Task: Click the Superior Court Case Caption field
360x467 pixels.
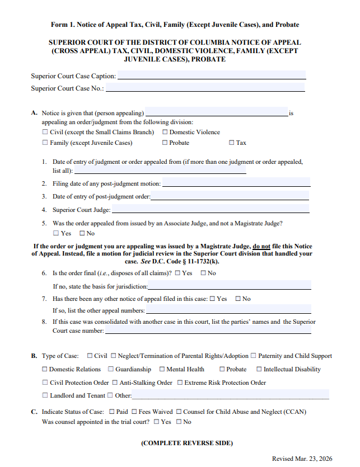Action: [212, 76]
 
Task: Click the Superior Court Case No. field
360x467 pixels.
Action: [205, 88]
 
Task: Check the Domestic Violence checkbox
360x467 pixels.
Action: [165, 133]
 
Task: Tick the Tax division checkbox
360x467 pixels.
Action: [232, 143]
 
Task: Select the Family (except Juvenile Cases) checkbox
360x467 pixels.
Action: [45, 143]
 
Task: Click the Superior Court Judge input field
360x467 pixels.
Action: [210, 210]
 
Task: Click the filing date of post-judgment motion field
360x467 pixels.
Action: [236, 183]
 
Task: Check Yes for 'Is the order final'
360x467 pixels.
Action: [177, 273]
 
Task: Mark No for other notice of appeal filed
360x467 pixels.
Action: [238, 299]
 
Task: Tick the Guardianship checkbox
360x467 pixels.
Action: [111, 369]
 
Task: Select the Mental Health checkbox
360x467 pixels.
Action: [162, 369]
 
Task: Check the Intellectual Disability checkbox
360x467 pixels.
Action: [259, 369]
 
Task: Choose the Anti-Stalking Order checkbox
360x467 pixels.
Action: [115, 383]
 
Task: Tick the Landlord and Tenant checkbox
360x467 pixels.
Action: [45, 395]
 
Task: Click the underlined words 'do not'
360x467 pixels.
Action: [261, 246]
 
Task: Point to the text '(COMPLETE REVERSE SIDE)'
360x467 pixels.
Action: [186, 443]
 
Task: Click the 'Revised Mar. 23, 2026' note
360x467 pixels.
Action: [302, 459]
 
